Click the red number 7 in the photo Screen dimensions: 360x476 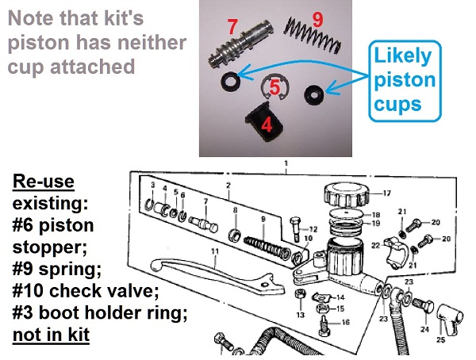click(x=232, y=27)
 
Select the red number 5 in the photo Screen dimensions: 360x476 click(x=274, y=86)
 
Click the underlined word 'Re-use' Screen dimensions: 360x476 click(x=44, y=182)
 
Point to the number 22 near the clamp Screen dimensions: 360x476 click(x=374, y=247)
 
